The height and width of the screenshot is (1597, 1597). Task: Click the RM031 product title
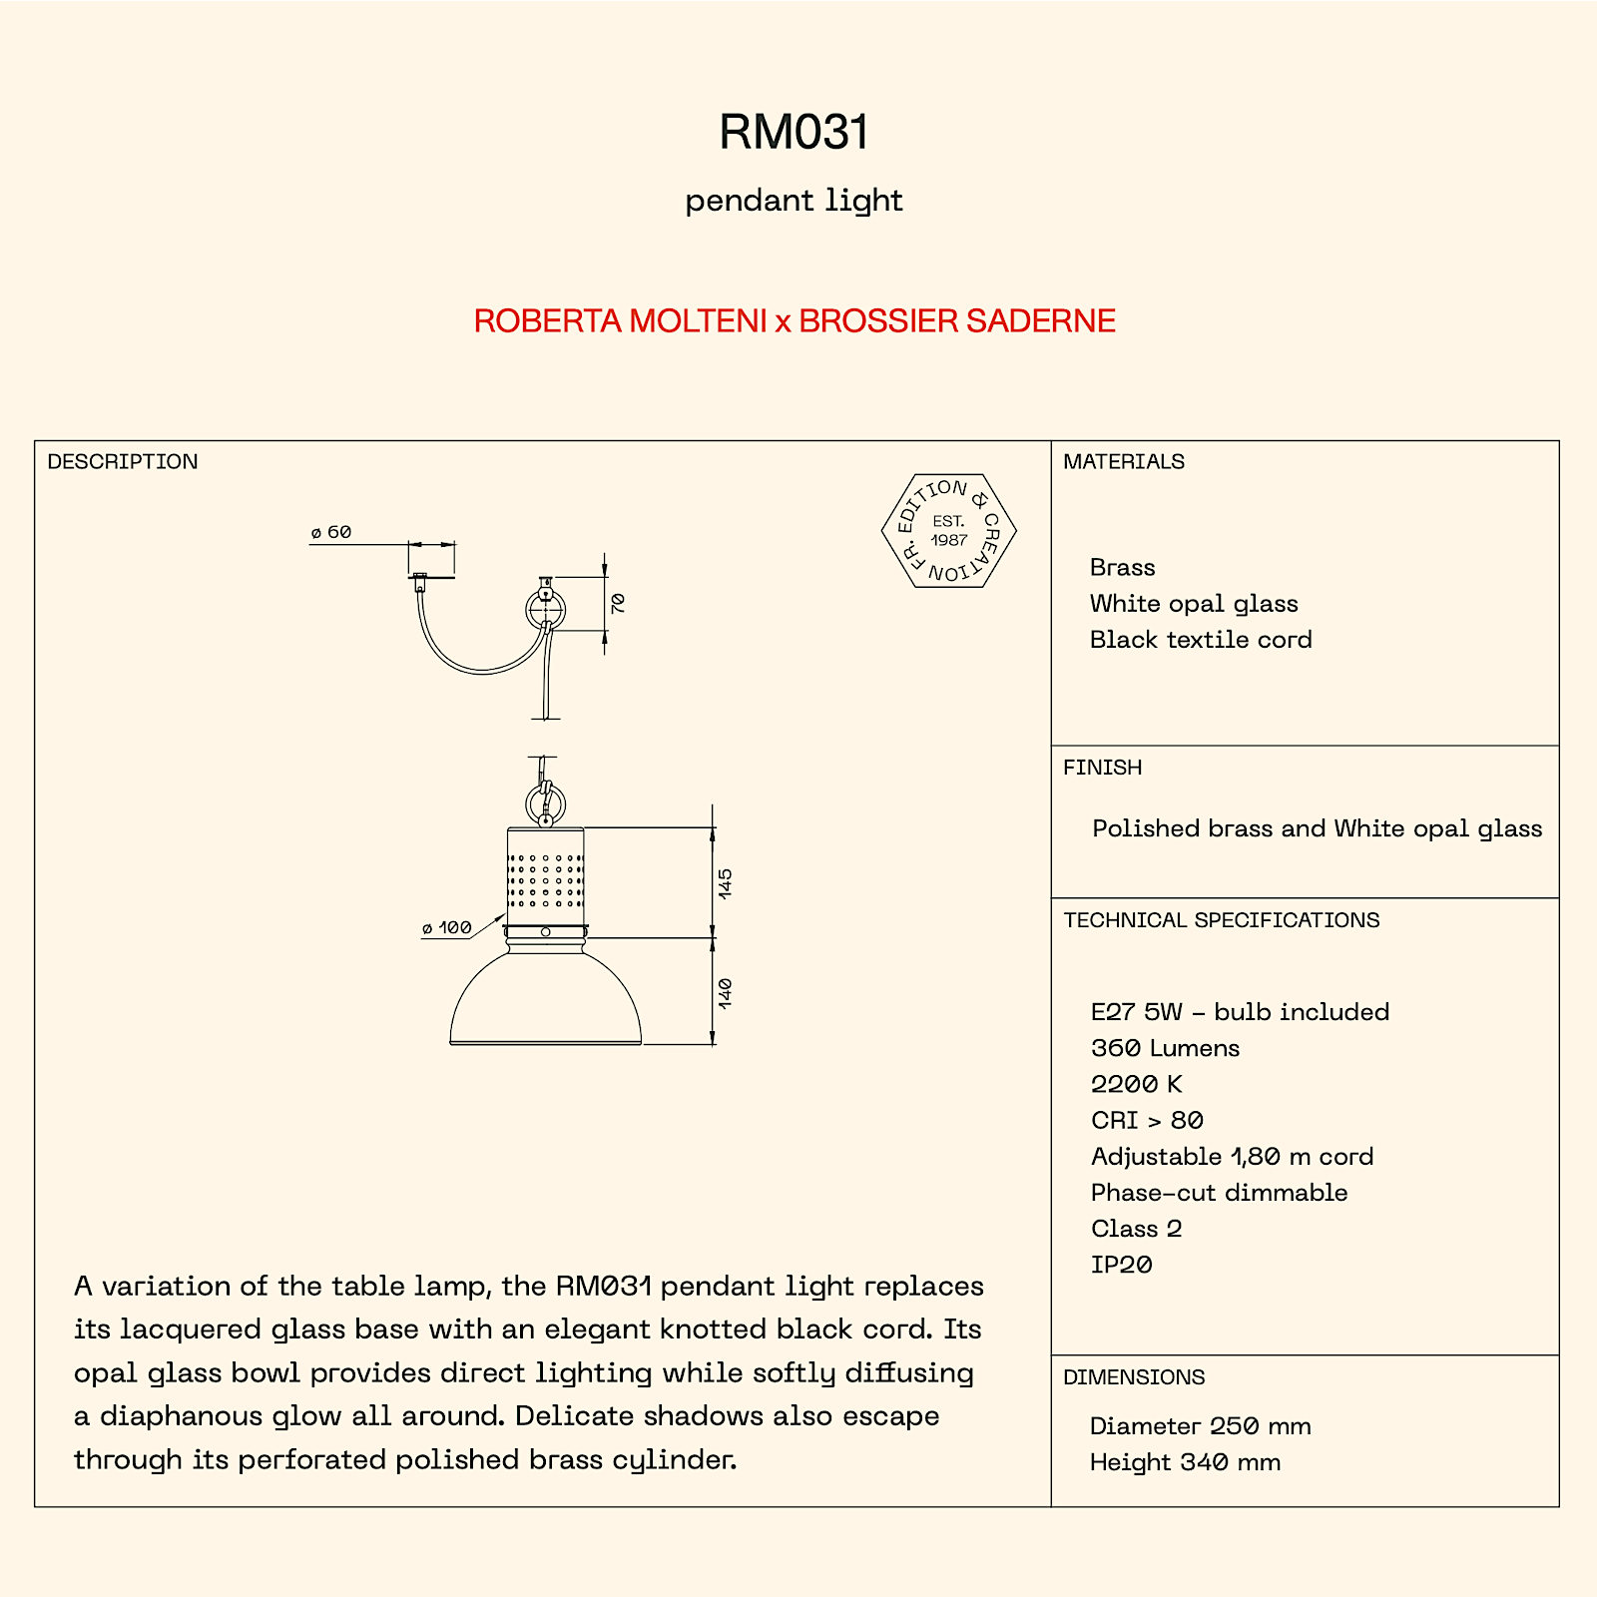pos(795,133)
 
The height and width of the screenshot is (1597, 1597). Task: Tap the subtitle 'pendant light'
pos(794,202)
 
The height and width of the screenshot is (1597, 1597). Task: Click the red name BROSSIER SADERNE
pos(957,321)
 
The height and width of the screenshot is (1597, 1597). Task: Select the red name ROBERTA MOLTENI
pos(620,321)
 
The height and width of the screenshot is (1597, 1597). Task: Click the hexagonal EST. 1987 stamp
pos(948,531)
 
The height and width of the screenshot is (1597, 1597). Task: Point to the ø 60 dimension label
pos(331,532)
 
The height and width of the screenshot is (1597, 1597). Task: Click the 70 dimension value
pos(618,603)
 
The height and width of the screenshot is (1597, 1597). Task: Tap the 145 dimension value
pos(725,883)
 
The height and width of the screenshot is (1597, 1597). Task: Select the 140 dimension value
pos(725,993)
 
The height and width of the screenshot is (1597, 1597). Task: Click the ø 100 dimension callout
pos(446,928)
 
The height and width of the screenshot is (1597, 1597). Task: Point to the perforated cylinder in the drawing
pos(546,875)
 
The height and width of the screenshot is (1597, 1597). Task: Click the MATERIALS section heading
pos(1124,462)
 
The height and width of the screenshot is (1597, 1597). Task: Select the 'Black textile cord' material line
pos(1201,640)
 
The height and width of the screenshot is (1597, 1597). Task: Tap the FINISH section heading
pos(1103,768)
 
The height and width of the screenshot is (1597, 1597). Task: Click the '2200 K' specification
pos(1137,1084)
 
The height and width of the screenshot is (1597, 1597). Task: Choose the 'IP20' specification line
pos(1122,1265)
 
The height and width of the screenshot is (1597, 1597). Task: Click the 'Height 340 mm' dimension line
pos(1185,1462)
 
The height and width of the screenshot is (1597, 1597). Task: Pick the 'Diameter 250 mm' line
pos(1201,1426)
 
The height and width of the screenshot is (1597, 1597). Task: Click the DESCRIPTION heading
pos(123,462)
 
